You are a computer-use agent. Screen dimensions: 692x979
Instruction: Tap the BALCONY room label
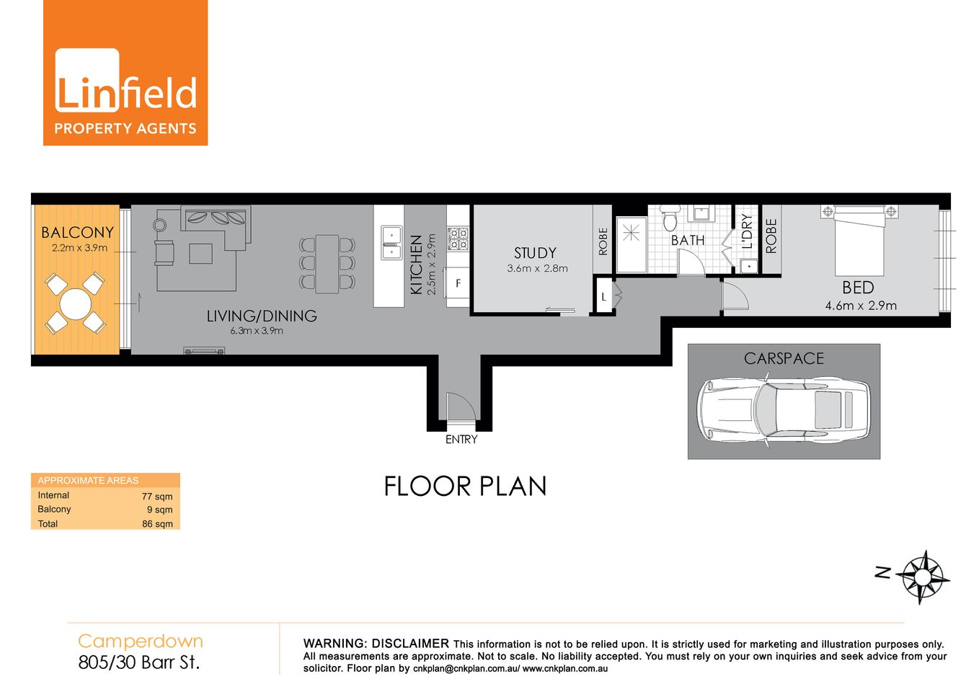click(x=77, y=233)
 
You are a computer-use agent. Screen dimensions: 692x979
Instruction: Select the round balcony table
click(x=75, y=303)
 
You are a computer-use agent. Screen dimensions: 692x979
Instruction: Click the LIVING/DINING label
click(x=262, y=316)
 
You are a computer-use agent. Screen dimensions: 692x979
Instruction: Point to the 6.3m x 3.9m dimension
click(x=257, y=331)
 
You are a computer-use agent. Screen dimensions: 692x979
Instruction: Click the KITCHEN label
click(x=416, y=265)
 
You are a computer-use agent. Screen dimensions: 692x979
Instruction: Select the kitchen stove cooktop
click(x=458, y=239)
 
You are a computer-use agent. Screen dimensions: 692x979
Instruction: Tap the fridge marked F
click(x=458, y=283)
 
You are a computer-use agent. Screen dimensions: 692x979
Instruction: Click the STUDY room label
click(x=535, y=253)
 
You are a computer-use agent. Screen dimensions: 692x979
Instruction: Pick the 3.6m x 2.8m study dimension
click(x=537, y=269)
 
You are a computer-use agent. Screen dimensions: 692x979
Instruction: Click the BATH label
click(x=688, y=240)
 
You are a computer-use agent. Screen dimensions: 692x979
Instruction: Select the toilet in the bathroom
click(x=670, y=218)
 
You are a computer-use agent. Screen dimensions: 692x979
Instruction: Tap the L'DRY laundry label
click(x=747, y=231)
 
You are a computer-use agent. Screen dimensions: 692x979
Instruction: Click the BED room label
click(x=858, y=288)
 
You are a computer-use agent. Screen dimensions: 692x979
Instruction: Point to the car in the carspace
click(x=784, y=410)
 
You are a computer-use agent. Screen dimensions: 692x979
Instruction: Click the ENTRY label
click(x=461, y=439)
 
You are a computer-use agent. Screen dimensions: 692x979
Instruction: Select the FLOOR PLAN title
click(x=465, y=487)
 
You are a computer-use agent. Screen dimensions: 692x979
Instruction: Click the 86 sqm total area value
click(x=157, y=524)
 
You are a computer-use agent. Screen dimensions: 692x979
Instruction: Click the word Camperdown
click(x=141, y=641)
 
